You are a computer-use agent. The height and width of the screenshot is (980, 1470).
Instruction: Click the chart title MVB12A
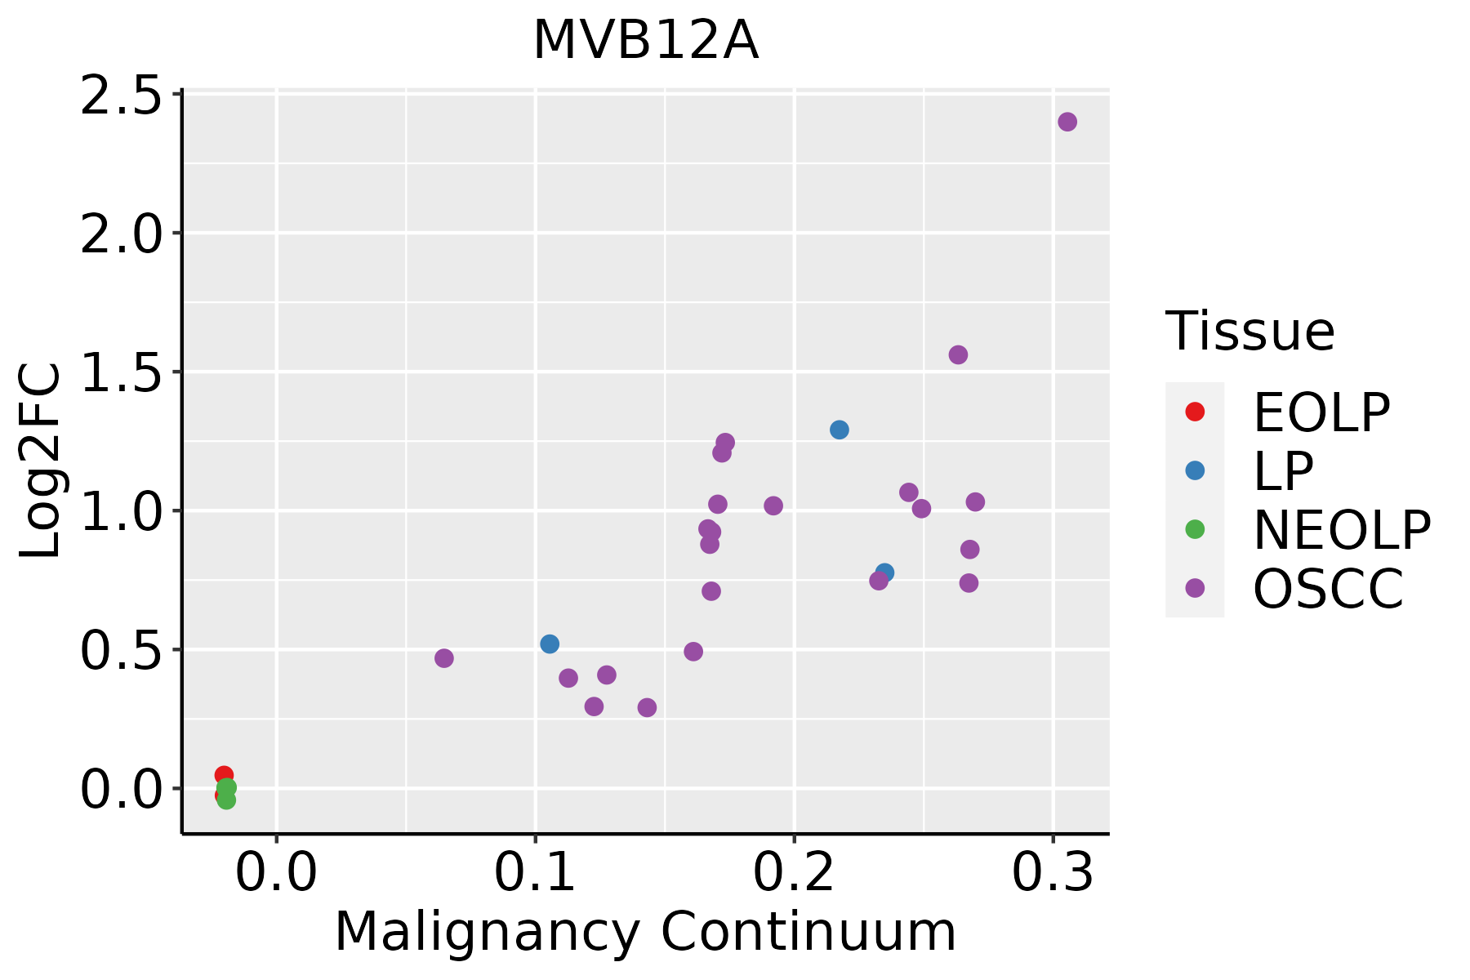click(646, 41)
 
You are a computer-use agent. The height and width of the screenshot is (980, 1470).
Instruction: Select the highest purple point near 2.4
click(1067, 122)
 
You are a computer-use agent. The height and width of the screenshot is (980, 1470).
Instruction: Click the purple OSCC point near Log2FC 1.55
click(958, 354)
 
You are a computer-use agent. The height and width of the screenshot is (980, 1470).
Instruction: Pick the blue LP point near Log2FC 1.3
click(840, 430)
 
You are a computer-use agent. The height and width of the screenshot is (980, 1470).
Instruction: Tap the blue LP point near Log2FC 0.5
click(550, 644)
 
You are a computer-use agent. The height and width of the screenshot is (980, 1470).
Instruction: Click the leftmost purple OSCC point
click(444, 658)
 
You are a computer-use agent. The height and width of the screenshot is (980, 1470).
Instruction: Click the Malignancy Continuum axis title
click(645, 931)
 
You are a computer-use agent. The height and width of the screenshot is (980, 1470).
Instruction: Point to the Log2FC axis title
click(41, 461)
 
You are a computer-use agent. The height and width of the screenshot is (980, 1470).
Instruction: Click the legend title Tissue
click(1249, 332)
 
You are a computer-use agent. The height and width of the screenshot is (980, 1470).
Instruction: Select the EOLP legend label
click(1321, 412)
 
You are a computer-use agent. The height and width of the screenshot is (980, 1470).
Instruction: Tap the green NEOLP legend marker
click(1195, 529)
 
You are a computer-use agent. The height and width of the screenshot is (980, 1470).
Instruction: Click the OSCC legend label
click(1328, 589)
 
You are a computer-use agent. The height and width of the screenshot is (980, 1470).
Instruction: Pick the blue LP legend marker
click(1195, 470)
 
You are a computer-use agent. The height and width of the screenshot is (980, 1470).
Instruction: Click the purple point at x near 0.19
click(773, 506)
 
